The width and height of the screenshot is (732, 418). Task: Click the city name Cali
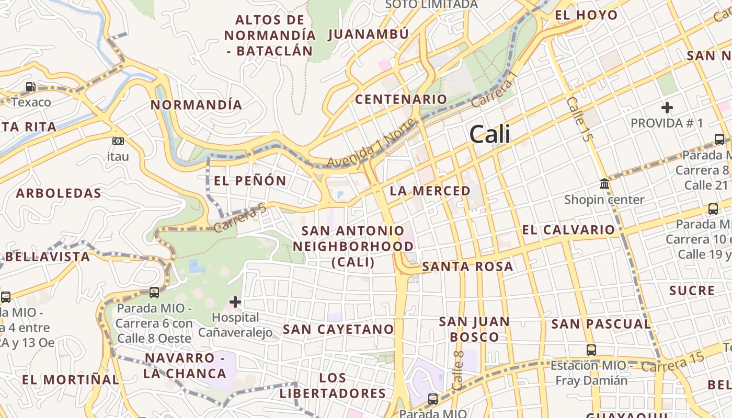(489, 134)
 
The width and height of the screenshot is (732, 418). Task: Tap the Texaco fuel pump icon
(31, 87)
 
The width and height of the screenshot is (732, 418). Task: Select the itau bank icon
(118, 141)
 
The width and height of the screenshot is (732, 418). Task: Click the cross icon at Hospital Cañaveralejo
(235, 302)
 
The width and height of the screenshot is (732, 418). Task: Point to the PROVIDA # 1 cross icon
(667, 108)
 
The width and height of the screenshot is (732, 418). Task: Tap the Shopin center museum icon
(604, 184)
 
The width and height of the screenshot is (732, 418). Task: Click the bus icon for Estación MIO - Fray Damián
(591, 350)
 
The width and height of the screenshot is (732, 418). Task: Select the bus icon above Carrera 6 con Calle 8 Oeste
(154, 293)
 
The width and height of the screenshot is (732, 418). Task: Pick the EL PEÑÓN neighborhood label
(250, 181)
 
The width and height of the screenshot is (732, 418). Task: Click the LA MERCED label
(430, 191)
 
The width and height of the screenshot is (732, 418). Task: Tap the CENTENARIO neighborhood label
(401, 99)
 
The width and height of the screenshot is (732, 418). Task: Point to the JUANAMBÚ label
(368, 34)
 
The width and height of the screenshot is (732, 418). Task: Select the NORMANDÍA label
(197, 105)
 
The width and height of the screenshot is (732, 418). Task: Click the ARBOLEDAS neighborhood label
(59, 193)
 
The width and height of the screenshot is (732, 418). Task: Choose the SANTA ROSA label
(467, 266)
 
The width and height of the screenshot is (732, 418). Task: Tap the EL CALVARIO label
(568, 230)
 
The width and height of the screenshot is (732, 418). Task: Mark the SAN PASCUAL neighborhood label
(601, 324)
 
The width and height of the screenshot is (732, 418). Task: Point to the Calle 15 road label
(580, 120)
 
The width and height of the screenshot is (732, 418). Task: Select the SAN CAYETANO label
(338, 329)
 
